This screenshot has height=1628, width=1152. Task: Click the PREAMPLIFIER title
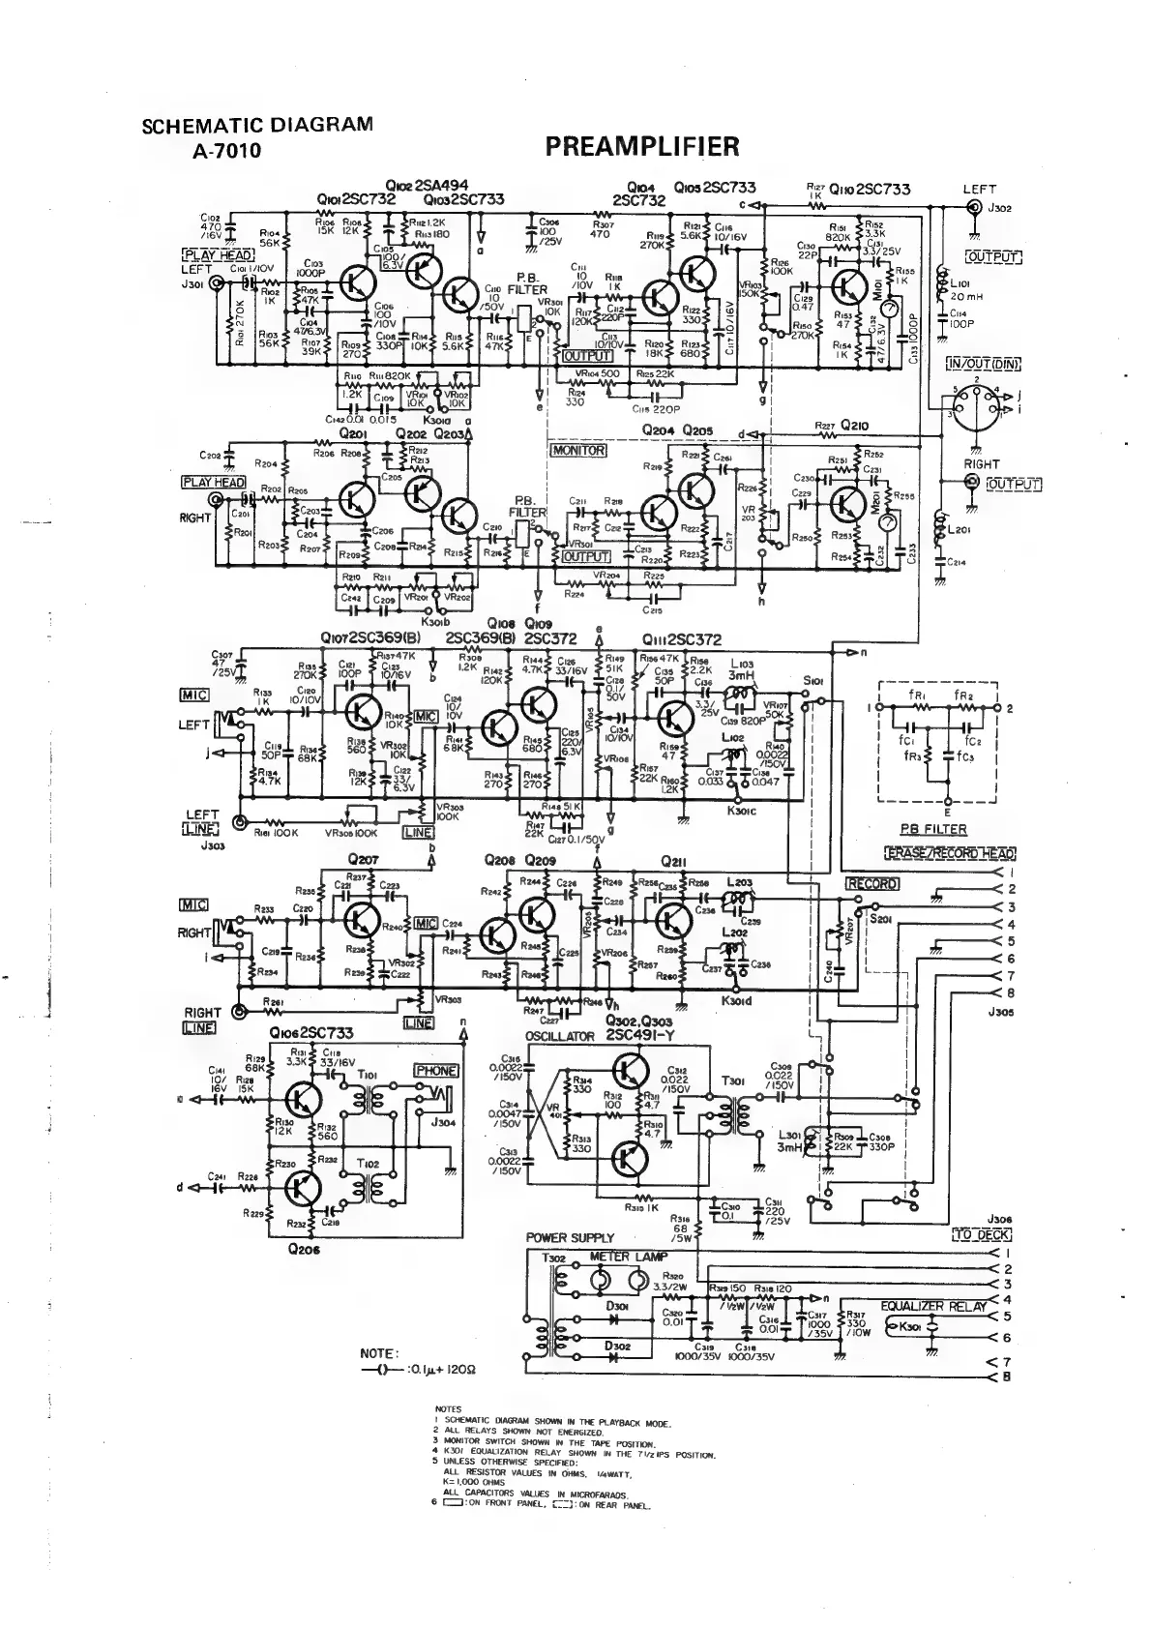click(642, 146)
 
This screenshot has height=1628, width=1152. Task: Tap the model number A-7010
click(227, 150)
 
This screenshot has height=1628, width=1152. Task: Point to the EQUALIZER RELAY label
click(933, 1306)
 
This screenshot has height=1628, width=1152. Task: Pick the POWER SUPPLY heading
click(570, 1238)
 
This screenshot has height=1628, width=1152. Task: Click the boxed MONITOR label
click(577, 451)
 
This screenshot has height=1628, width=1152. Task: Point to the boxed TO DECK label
click(982, 1234)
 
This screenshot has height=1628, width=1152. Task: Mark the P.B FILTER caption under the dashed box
click(932, 829)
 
